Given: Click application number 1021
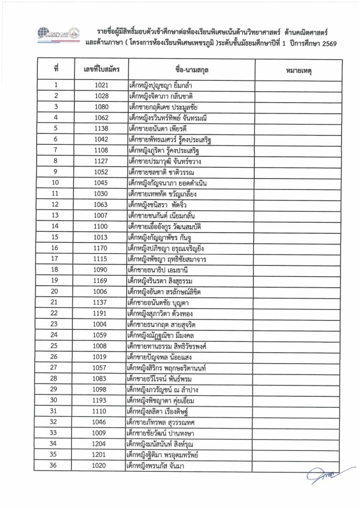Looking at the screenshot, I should [x=101, y=86].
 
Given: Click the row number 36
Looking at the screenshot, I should [x=55, y=465].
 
